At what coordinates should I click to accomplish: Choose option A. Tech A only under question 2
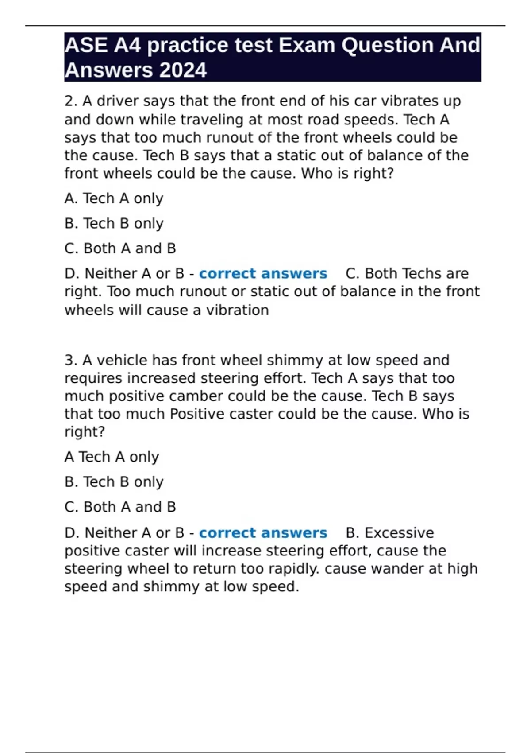click(x=114, y=198)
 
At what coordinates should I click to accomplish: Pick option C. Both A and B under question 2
click(x=120, y=248)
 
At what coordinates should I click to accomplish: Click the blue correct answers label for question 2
click(x=263, y=274)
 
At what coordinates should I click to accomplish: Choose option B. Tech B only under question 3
click(x=114, y=482)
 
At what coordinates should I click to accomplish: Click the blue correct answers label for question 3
click(x=263, y=533)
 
